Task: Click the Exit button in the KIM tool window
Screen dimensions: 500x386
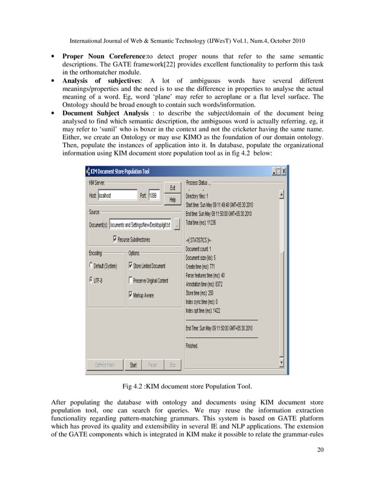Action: tap(172, 188)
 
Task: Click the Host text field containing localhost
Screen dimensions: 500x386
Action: tap(117, 196)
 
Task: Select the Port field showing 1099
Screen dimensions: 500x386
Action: tap(154, 196)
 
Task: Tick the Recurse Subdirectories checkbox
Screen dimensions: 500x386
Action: tap(115, 239)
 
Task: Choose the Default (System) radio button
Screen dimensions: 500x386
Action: tap(91, 266)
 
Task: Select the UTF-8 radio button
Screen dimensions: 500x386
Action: tap(91, 280)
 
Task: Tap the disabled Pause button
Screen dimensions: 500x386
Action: tap(152, 365)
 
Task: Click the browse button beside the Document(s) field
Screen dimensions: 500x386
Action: tap(177, 225)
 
